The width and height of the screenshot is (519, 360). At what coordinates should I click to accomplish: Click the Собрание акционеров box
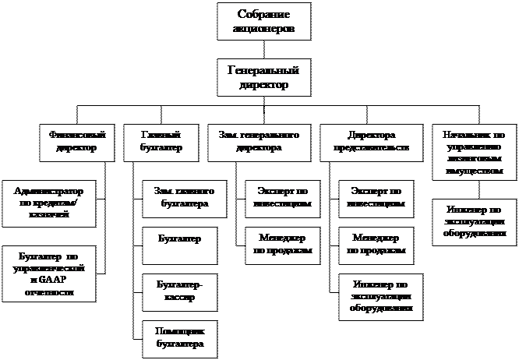tap(260, 21)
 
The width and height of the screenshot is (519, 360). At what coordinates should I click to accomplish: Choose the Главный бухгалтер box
tap(164, 140)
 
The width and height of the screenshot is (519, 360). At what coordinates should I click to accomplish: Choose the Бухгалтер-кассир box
tap(179, 291)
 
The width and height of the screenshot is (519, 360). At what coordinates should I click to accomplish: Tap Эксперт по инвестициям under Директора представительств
tap(377, 196)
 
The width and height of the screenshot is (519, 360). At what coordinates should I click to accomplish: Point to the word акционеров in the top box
tap(260, 28)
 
